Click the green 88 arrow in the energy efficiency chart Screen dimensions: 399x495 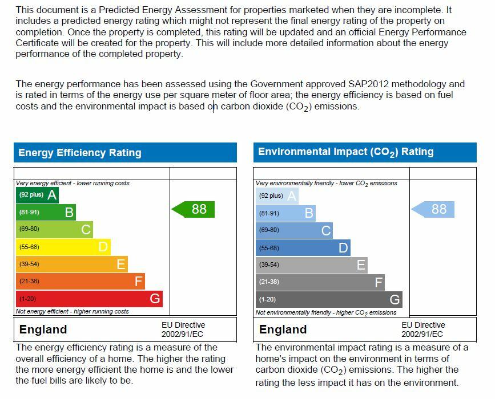[x=194, y=209]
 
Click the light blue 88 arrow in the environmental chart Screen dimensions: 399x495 [x=434, y=209]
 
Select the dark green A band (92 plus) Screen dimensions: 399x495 [x=37, y=196]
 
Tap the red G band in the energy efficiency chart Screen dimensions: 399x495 [x=89, y=299]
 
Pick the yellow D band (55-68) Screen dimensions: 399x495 [x=63, y=247]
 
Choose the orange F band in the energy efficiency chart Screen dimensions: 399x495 [x=80, y=281]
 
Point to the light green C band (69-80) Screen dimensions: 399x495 [x=54, y=230]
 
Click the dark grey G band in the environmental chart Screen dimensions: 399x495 [x=329, y=299]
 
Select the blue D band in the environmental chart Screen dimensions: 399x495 [x=303, y=248]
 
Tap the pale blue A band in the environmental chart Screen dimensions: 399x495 [x=277, y=196]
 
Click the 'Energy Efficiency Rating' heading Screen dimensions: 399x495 [x=80, y=153]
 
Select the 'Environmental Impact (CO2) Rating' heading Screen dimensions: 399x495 [x=346, y=152]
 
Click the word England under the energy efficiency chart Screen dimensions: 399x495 [x=43, y=329]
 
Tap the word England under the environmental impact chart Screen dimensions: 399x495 [x=283, y=329]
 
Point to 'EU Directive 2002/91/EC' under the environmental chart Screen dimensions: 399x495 [x=422, y=329]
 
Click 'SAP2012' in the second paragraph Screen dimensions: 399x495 [x=369, y=84]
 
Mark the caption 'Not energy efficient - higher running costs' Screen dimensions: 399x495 [x=72, y=311]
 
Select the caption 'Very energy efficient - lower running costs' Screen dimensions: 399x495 [x=73, y=183]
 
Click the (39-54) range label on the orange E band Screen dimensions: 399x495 [x=29, y=264]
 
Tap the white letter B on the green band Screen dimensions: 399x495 [x=69, y=213]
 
